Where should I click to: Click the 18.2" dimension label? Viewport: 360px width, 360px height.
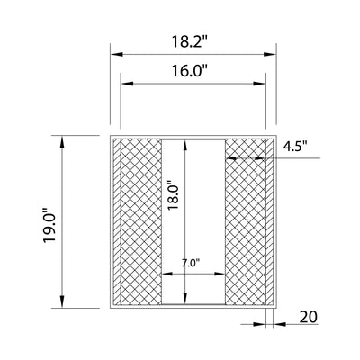190,41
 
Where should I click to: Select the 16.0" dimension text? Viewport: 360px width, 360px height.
190,71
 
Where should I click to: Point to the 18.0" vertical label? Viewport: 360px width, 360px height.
174,195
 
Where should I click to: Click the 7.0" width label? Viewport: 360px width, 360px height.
191,263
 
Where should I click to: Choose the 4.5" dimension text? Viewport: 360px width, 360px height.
295,148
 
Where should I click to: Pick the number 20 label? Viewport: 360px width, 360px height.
308,317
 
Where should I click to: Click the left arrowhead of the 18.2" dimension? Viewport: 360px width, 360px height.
117,54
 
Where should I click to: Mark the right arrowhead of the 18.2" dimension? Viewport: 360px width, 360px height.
270,54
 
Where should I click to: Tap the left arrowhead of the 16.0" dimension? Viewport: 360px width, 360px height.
127,84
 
